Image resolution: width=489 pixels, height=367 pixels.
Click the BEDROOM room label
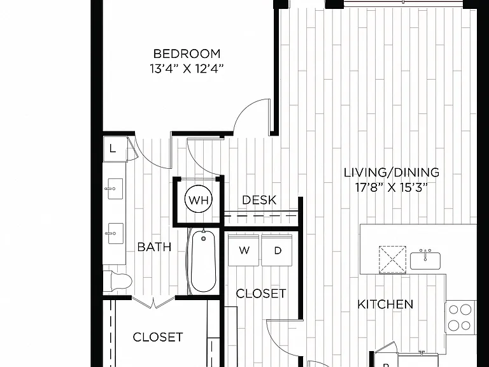(x=187, y=54)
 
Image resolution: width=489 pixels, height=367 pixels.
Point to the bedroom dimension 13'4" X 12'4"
(x=187, y=69)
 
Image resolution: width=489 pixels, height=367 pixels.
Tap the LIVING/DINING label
(x=392, y=173)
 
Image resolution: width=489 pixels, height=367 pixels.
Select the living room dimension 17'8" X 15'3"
(x=391, y=187)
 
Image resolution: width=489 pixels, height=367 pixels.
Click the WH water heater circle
(x=199, y=199)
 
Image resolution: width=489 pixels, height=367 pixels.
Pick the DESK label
(x=259, y=200)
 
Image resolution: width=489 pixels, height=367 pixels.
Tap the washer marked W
(x=244, y=250)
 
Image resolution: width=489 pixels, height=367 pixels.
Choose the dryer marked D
(x=276, y=250)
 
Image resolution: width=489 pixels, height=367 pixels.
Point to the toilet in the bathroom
(x=118, y=281)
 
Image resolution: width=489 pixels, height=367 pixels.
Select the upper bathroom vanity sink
(x=115, y=189)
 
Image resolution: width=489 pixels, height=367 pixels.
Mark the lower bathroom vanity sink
(x=115, y=233)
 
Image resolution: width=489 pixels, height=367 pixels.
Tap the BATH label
(x=154, y=247)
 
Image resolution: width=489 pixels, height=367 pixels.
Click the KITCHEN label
(x=385, y=304)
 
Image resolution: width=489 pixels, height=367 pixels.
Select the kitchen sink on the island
(x=425, y=260)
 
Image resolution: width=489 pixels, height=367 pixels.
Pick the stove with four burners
(x=460, y=318)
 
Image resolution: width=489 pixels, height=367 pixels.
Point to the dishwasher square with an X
(x=392, y=260)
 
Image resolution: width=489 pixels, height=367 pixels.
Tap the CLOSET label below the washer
(x=260, y=294)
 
